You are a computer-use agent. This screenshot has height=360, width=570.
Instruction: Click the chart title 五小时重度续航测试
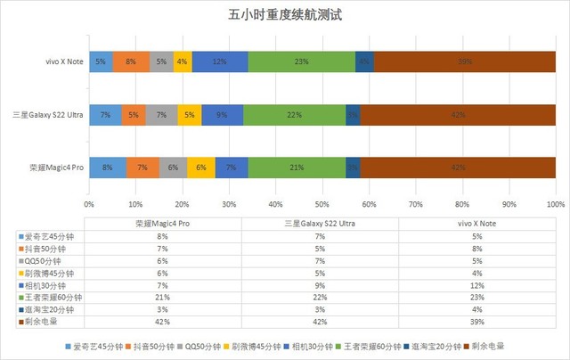[x=286, y=16]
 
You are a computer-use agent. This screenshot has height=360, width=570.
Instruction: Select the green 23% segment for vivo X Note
[x=302, y=61]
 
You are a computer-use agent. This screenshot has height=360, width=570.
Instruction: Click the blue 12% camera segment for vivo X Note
[x=219, y=61]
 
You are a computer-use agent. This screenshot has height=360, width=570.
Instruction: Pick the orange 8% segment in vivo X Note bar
[x=131, y=61]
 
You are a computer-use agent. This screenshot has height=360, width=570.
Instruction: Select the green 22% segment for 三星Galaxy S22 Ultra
[x=295, y=114]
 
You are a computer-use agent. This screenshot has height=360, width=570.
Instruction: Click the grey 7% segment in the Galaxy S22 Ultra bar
[x=161, y=114]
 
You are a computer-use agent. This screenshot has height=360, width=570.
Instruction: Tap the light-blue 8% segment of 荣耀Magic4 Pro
[x=108, y=167]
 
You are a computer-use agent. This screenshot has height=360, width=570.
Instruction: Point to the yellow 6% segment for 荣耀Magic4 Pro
[x=201, y=167]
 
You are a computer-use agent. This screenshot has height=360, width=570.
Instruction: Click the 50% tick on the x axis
[x=322, y=204]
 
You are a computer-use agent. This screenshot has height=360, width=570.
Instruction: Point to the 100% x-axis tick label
[x=555, y=204]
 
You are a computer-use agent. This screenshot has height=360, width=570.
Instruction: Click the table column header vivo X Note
[x=477, y=225]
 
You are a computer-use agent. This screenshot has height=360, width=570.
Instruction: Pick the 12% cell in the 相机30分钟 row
[x=477, y=283]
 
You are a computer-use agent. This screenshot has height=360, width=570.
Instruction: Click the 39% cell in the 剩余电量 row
[x=477, y=319]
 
